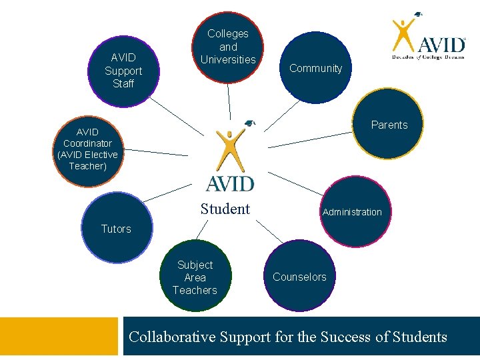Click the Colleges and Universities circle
click(228, 47)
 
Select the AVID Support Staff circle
click(123, 71)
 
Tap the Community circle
click(315, 69)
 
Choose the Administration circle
click(352, 212)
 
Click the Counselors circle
click(299, 277)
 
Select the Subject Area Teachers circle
click(195, 277)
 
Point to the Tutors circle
click(116, 229)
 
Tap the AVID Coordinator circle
click(87, 149)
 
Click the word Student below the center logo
click(225, 209)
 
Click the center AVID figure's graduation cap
click(250, 123)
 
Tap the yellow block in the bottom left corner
click(61, 337)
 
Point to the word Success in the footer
click(346, 337)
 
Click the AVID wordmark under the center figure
click(230, 182)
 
